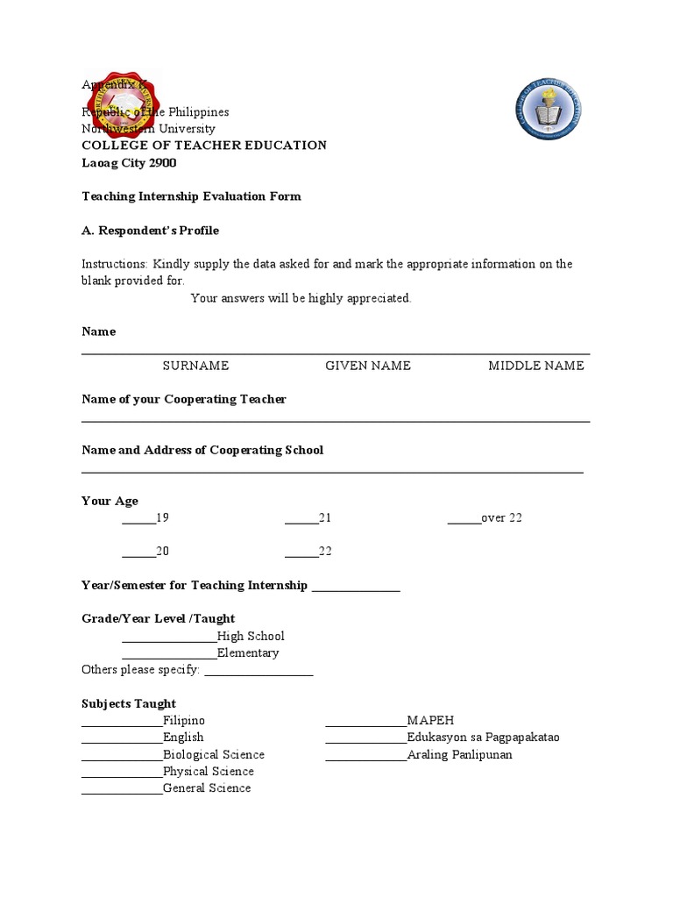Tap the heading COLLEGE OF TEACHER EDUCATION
[x=203, y=146]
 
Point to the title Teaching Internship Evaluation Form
[x=191, y=196]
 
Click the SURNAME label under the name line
[x=195, y=366]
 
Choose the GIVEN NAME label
[x=368, y=366]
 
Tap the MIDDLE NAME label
[x=535, y=366]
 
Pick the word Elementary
[x=248, y=653]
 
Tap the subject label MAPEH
[x=430, y=721]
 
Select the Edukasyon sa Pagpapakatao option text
[x=483, y=738]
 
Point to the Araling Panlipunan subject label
[x=459, y=755]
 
